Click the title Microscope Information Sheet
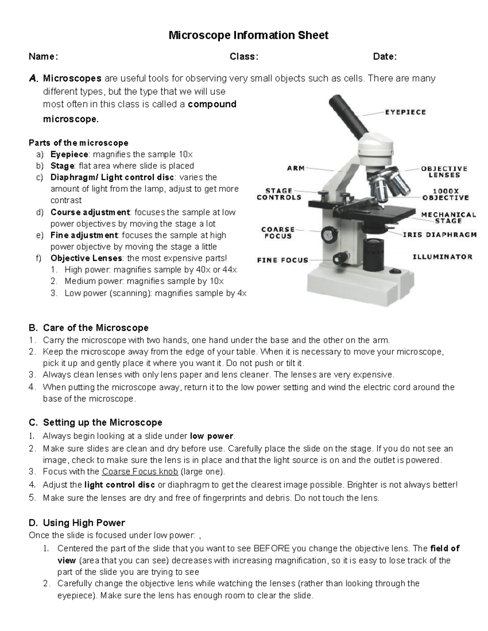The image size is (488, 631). click(248, 35)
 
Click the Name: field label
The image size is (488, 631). click(43, 56)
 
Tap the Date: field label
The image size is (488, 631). click(385, 56)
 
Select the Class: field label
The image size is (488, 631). click(244, 56)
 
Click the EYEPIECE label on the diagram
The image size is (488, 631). click(405, 112)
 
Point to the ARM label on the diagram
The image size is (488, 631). click(296, 168)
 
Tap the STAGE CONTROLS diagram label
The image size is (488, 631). click(279, 194)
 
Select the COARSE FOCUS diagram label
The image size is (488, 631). click(278, 232)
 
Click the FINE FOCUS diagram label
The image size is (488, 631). click(283, 260)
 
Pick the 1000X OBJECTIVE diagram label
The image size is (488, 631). click(445, 194)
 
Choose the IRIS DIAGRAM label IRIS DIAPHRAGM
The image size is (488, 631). click(440, 234)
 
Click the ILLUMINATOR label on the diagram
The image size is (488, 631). click(442, 257)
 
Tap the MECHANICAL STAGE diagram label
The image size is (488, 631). click(448, 218)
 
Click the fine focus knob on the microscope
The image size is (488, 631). click(338, 258)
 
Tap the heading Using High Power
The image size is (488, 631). click(84, 523)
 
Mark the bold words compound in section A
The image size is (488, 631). click(212, 104)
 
